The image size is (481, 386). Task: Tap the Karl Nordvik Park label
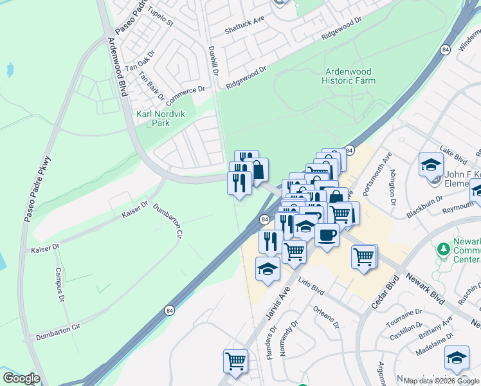pos(153,118)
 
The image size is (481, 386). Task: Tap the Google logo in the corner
pos(21,378)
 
